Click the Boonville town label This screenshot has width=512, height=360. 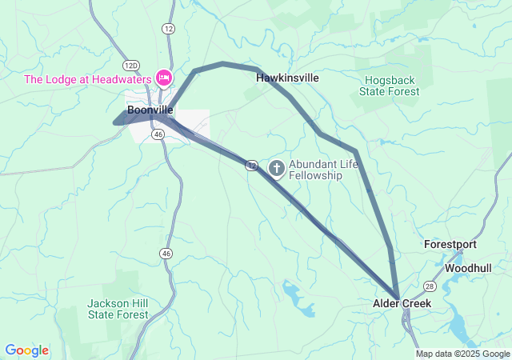click(150, 110)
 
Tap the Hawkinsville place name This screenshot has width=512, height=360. click(287, 78)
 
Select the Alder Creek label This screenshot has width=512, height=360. click(402, 304)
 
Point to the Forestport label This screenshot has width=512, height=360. click(450, 244)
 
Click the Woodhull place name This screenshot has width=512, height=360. click(468, 267)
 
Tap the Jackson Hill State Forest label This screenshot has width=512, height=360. click(118, 309)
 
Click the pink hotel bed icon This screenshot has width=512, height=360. click(164, 78)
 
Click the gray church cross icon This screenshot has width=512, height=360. click(277, 168)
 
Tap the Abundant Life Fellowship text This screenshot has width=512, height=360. click(317, 170)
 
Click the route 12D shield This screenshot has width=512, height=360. click(132, 63)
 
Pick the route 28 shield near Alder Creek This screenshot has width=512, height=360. click(430, 286)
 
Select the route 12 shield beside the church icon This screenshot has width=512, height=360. click(252, 165)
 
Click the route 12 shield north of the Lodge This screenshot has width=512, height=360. click(167, 28)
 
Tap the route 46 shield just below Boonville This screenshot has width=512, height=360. click(158, 135)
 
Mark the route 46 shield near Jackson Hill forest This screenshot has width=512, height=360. click(166, 253)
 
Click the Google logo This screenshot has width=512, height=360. click(27, 350)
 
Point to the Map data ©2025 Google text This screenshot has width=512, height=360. click(462, 354)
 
